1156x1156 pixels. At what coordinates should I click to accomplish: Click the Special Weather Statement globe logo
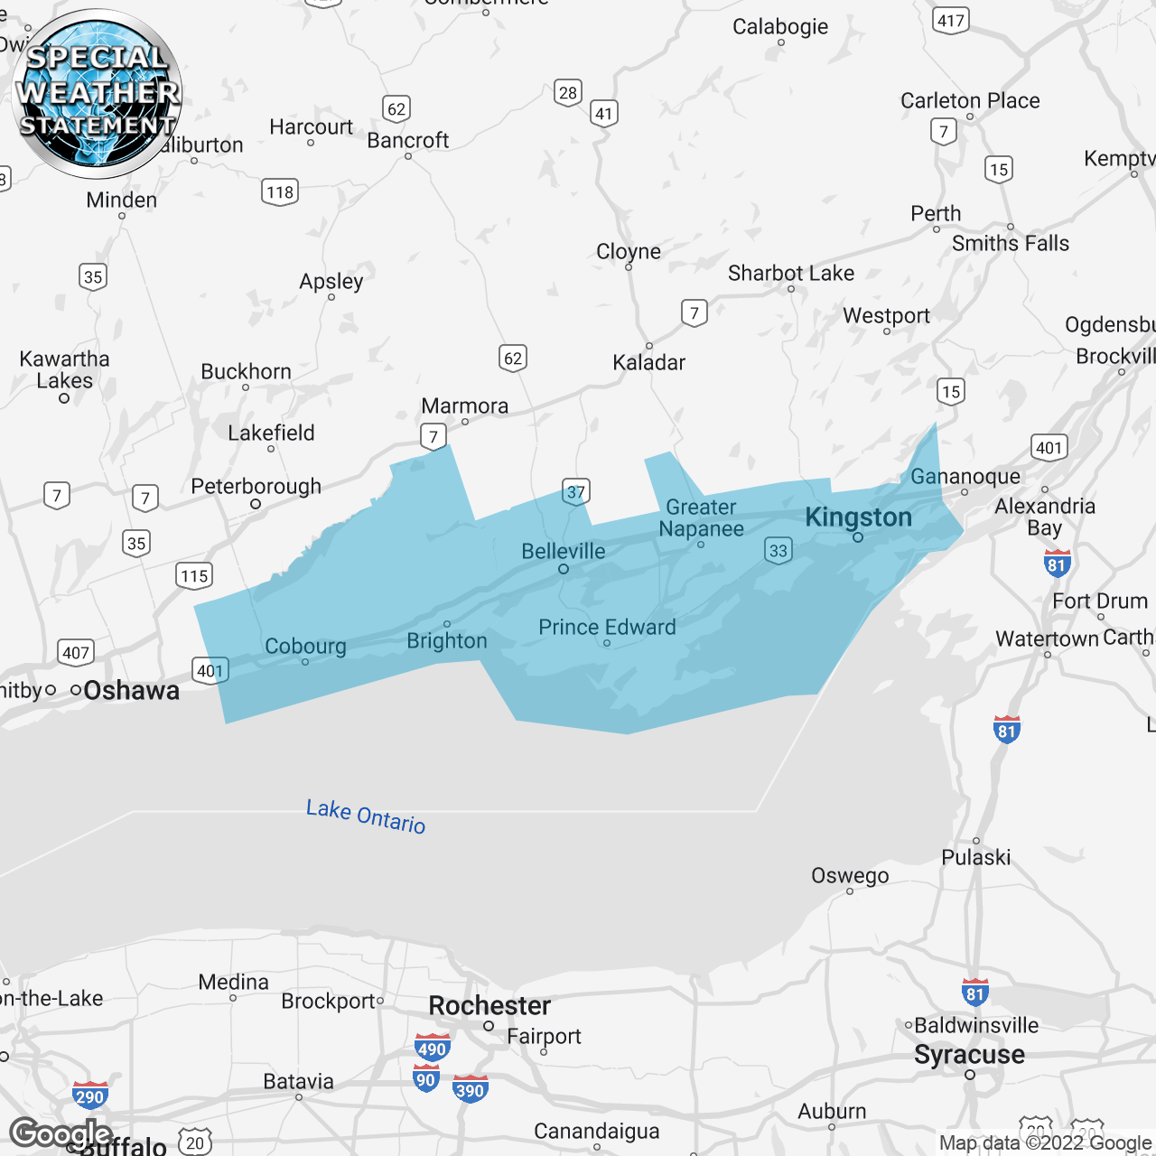point(98,93)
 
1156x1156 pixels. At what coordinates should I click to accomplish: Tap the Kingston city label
point(858,517)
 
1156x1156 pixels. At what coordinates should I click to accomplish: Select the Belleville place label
point(564,551)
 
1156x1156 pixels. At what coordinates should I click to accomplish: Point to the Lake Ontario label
point(366,816)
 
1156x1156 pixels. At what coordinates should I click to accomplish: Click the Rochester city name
point(489,1005)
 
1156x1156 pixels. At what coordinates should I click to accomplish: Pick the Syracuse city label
point(969,1054)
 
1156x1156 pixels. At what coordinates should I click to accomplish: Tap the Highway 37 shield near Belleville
point(575,491)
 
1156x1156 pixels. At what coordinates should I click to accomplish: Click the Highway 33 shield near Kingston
point(778,550)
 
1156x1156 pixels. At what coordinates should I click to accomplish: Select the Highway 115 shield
point(194,575)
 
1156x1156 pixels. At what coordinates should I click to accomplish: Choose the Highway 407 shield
point(76,652)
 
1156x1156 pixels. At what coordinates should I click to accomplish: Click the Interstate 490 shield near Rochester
point(432,1048)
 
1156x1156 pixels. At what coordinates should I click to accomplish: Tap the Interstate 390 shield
point(470,1089)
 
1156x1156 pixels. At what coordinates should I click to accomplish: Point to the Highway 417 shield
point(950,20)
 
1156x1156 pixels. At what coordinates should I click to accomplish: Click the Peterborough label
point(256,486)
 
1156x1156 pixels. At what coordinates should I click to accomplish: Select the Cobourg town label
point(305,646)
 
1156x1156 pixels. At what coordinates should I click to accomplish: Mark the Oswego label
point(850,875)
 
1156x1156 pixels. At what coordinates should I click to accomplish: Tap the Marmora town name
point(465,406)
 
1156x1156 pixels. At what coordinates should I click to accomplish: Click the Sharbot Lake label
point(791,273)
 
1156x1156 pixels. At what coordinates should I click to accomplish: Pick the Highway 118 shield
point(280,191)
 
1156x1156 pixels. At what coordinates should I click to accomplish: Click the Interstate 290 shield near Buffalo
point(89,1096)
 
